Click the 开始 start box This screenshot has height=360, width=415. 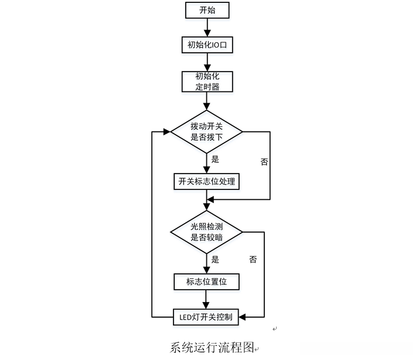click(206, 10)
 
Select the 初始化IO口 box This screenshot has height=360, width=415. click(206, 45)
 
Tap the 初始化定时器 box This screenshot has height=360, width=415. click(206, 81)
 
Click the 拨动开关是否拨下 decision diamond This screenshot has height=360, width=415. click(206, 131)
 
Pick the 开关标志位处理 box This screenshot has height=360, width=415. click(206, 181)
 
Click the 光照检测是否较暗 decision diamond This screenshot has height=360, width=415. click(206, 231)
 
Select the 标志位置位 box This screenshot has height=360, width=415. click(206, 281)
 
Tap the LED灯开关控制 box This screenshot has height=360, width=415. click(206, 317)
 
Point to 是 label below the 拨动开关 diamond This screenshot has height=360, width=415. click(215, 159)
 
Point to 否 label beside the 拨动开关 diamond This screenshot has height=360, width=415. click(264, 162)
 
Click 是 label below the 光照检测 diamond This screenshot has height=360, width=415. click(215, 259)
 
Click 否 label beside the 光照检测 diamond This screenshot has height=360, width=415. click(253, 259)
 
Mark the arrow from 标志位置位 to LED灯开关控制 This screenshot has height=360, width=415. click(206, 299)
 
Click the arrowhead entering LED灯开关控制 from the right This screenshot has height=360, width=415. click(243, 317)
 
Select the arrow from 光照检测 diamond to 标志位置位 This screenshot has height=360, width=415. click(206, 262)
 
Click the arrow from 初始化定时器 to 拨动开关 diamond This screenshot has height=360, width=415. click(206, 101)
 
